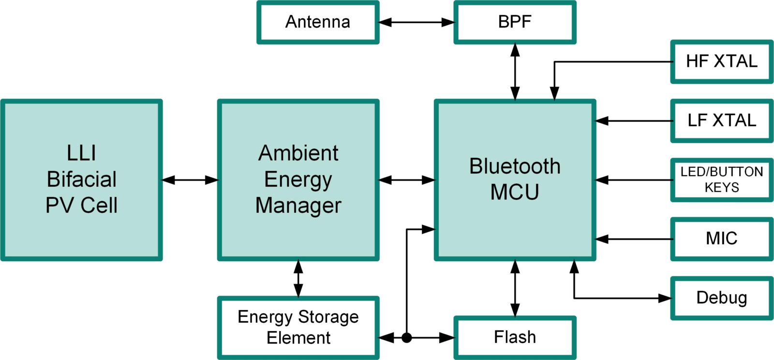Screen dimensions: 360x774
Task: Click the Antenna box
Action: (317, 22)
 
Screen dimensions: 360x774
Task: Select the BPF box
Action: (515, 22)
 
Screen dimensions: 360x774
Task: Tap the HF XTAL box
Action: (721, 61)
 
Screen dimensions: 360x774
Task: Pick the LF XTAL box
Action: (721, 120)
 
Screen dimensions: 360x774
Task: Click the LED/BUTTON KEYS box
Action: (721, 180)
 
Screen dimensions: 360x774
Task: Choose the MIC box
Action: (721, 239)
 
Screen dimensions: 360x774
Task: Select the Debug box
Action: (721, 298)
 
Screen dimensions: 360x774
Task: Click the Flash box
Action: (515, 337)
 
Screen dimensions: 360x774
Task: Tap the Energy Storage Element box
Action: (298, 328)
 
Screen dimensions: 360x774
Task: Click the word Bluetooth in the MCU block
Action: (515, 166)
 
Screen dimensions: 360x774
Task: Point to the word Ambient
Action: (298, 153)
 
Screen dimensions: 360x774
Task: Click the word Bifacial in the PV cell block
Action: (81, 180)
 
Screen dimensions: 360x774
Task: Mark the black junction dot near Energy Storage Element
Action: (407, 337)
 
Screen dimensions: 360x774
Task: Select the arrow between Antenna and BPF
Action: (416, 22)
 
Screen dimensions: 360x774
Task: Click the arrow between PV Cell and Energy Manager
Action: (190, 180)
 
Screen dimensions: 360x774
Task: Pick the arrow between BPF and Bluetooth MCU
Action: (515, 72)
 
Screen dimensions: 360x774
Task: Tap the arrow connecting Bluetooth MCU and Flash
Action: (515, 288)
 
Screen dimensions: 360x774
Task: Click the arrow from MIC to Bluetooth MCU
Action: (634, 239)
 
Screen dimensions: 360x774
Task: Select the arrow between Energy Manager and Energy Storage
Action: (298, 279)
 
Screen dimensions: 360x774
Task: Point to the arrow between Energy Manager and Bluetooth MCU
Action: (406, 180)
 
